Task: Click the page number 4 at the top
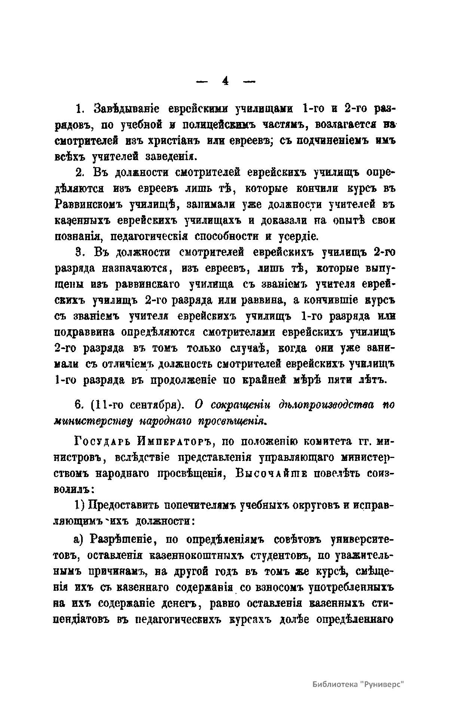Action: pyautogui.click(x=225, y=81)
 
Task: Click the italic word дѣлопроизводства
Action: pyautogui.click(x=326, y=405)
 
